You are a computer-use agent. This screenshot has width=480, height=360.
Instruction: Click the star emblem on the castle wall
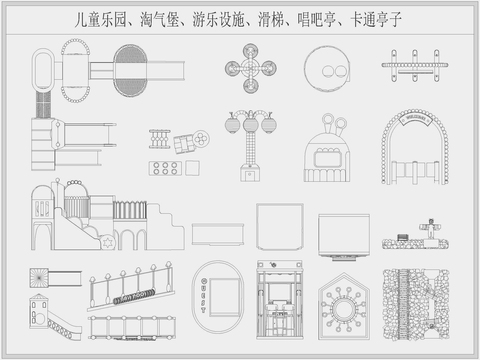(108, 242)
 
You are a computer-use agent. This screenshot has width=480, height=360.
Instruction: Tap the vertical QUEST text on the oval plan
(204, 293)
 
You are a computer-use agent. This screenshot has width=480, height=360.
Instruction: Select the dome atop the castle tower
(73, 183)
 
